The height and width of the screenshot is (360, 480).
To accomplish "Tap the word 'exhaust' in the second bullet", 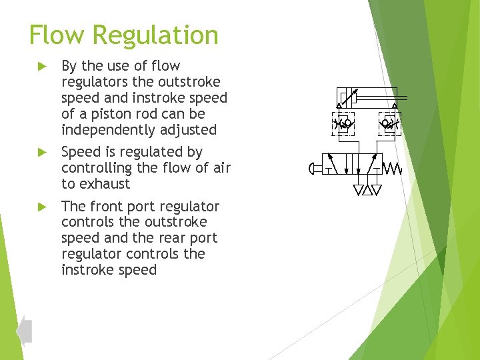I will click(x=104, y=184).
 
